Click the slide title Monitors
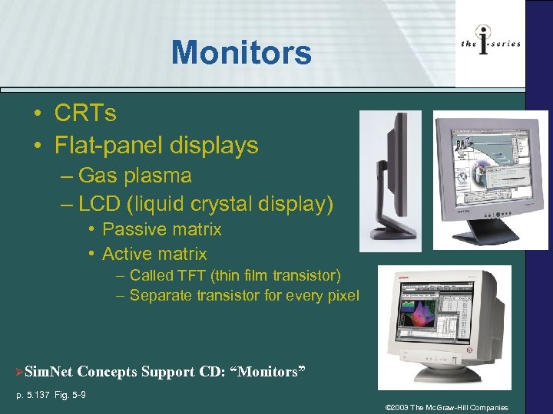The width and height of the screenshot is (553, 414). point(241,53)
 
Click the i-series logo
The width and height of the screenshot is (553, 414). point(490,44)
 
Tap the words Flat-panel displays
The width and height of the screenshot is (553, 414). point(156,145)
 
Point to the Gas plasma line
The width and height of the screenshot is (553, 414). point(134,176)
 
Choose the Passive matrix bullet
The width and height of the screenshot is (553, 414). point(161,229)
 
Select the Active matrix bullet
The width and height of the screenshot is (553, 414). point(154,254)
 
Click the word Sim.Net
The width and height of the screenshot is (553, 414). point(48,372)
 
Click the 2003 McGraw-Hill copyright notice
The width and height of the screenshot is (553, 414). point(446,407)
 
